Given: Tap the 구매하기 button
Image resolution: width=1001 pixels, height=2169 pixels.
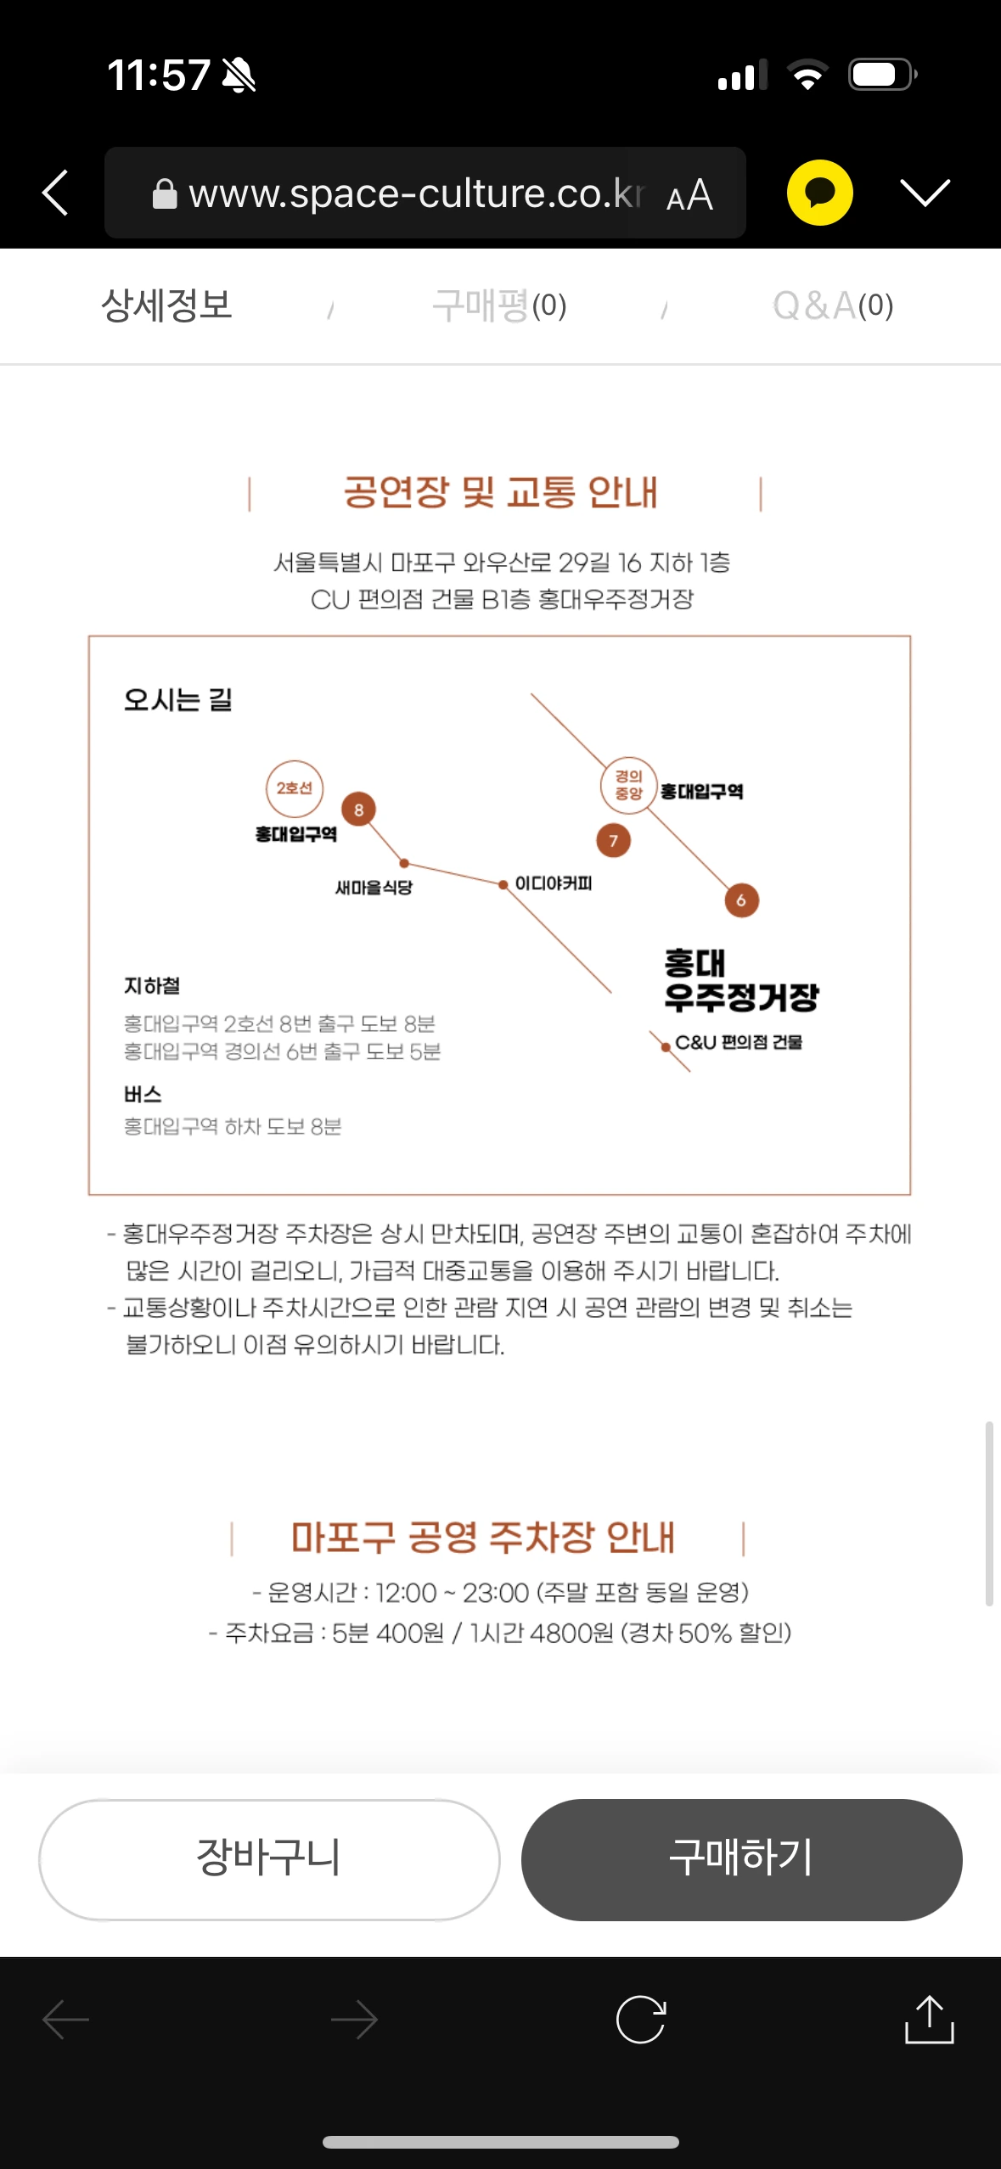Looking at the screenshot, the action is point(741,1858).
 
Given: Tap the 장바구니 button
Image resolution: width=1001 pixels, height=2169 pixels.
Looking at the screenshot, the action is point(268,1858).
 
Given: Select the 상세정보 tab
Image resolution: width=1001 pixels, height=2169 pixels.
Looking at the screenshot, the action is point(166,305).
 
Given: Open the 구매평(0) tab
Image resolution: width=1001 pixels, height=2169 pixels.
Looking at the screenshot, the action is point(499,305).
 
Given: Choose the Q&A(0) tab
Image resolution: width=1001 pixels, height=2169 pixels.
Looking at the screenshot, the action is point(832,305).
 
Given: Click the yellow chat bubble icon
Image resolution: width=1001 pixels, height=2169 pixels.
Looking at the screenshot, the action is point(819,193).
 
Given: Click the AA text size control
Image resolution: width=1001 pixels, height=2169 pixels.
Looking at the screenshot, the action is point(689,196).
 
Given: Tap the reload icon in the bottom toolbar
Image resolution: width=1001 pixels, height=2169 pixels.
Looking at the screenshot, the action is point(641,2019).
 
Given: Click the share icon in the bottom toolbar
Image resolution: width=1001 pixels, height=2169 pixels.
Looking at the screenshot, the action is point(929,2019).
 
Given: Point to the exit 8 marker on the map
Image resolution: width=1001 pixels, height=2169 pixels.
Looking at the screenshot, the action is point(358,810).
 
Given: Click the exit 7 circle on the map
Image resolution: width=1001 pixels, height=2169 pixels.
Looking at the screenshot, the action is point(613,840).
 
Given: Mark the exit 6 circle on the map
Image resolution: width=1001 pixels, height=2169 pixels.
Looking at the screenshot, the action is point(741,900).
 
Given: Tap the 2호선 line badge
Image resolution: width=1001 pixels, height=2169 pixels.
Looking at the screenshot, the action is point(294,788).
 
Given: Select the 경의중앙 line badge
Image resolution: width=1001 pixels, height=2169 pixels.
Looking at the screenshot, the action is point(628,785).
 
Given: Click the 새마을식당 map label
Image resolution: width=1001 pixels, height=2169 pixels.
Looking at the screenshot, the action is point(374,888).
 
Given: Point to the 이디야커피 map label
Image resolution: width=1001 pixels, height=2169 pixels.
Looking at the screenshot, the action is point(554,883).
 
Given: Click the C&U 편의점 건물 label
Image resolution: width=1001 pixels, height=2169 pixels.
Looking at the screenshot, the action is point(738,1042).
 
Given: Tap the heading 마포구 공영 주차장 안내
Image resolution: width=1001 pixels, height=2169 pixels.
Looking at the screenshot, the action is point(482,1538).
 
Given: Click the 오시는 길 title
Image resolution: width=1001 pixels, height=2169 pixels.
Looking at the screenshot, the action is point(178,700).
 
